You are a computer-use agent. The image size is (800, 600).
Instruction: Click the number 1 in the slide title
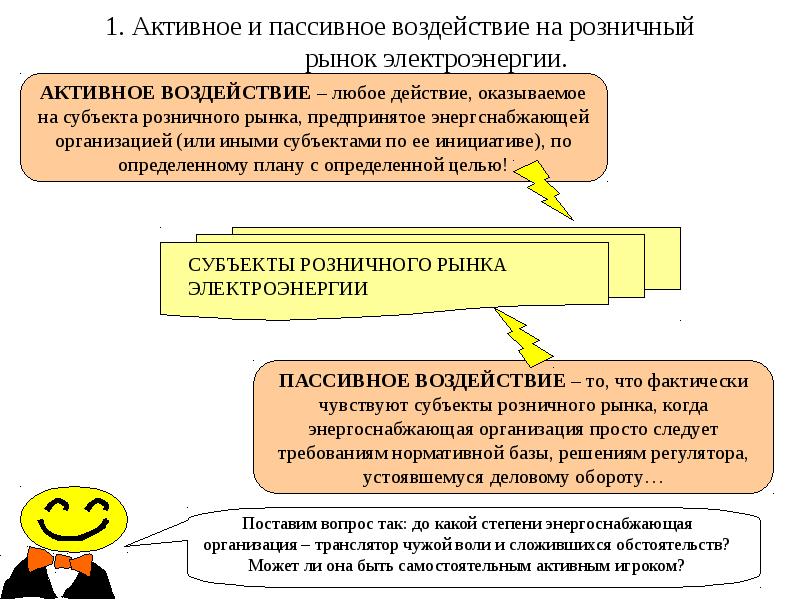click(111, 27)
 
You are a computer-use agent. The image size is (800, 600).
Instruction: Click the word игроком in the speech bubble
click(653, 565)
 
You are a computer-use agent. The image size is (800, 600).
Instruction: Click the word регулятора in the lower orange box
click(707, 453)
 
